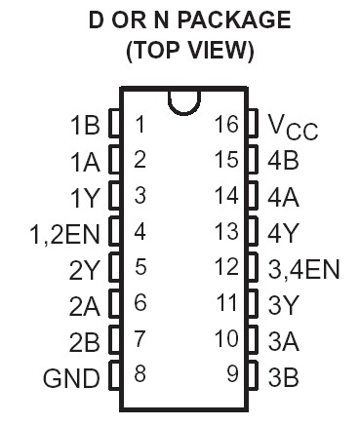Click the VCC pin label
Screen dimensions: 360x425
292,127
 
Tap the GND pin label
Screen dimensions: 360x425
72,377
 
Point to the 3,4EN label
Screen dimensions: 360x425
304,268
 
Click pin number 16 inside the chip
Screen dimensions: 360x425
226,124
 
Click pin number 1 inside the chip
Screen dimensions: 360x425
140,124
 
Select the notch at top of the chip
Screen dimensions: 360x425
182,101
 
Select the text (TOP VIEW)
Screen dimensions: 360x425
190,52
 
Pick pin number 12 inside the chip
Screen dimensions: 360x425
226,267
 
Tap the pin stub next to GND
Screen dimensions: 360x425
113,376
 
